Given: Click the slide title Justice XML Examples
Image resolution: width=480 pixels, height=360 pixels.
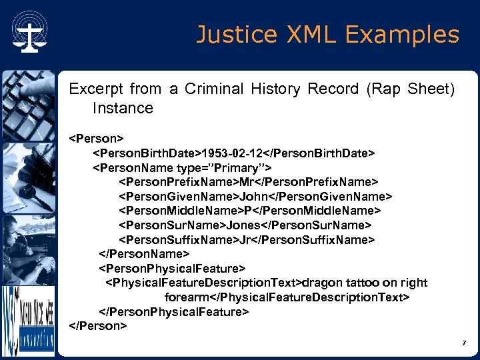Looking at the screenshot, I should click(327, 34).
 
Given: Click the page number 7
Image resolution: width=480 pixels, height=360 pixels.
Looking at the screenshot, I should click(463, 343).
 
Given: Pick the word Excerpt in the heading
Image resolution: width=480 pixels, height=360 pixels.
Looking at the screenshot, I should click(97, 89).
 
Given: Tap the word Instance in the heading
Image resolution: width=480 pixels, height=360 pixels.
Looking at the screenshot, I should click(123, 108).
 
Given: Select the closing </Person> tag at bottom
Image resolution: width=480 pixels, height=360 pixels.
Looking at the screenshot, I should click(98, 325).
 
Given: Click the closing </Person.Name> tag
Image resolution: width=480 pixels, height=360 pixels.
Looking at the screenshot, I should click(145, 254).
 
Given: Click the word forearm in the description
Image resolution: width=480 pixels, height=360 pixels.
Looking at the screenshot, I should click(187, 297).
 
